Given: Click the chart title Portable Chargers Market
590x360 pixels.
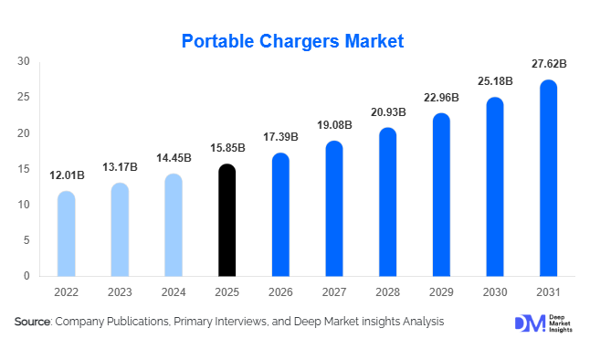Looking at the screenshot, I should pos(292,41).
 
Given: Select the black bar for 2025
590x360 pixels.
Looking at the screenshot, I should pos(227,220).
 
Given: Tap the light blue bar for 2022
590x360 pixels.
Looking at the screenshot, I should pos(66,234).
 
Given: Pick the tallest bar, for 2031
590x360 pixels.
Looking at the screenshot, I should pos(548,178).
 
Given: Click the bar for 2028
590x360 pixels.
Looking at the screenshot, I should pos(387,202).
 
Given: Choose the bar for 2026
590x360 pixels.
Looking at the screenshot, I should pos(280,215).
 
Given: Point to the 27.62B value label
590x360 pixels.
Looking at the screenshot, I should pos(549,64).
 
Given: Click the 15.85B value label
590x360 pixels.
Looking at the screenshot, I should pos(227,148).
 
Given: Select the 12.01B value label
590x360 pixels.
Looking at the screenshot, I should pos(66,175).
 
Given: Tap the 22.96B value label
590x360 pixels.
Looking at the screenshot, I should pos(441,97).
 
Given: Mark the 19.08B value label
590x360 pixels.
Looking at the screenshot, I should pos(334,124).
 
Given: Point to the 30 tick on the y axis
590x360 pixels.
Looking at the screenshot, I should pos(24,61).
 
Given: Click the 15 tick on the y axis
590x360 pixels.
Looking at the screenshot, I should pos(24,169).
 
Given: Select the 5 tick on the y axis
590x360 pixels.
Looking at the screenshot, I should pos(26,240).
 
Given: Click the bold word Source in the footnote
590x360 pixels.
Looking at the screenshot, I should pos(33,322).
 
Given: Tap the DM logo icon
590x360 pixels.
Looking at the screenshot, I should pos(529,323).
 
